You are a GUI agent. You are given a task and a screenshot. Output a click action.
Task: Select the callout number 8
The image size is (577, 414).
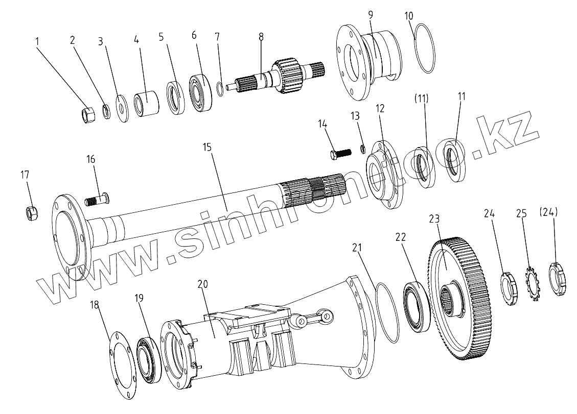[x=261, y=36]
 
